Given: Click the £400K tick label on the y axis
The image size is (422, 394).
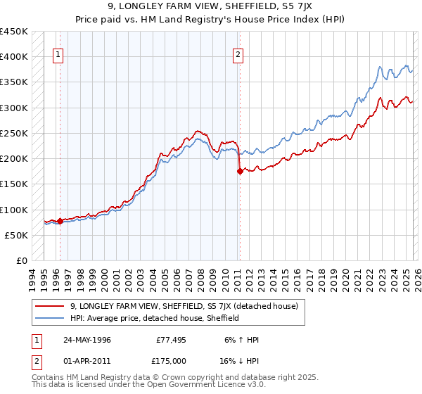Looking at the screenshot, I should click(14, 57).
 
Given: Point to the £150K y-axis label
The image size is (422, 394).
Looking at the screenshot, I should click(14, 184).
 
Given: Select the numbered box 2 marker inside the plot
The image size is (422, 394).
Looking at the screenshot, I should click(239, 55).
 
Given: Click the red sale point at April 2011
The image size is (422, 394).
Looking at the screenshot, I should click(240, 171).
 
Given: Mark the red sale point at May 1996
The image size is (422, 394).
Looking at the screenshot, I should click(60, 221).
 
